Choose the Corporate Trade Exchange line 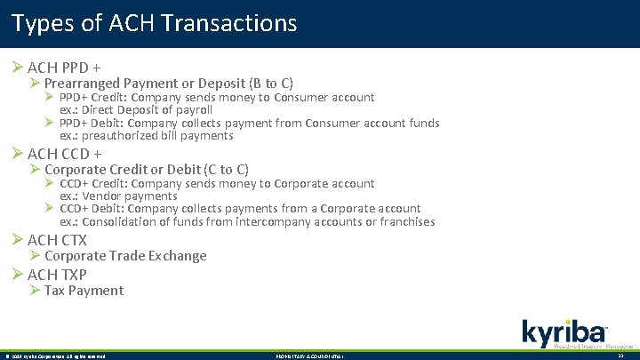pos(125,256)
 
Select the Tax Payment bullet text pos(84,291)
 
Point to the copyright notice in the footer pos(55,356)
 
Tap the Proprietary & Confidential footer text pos(307,356)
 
